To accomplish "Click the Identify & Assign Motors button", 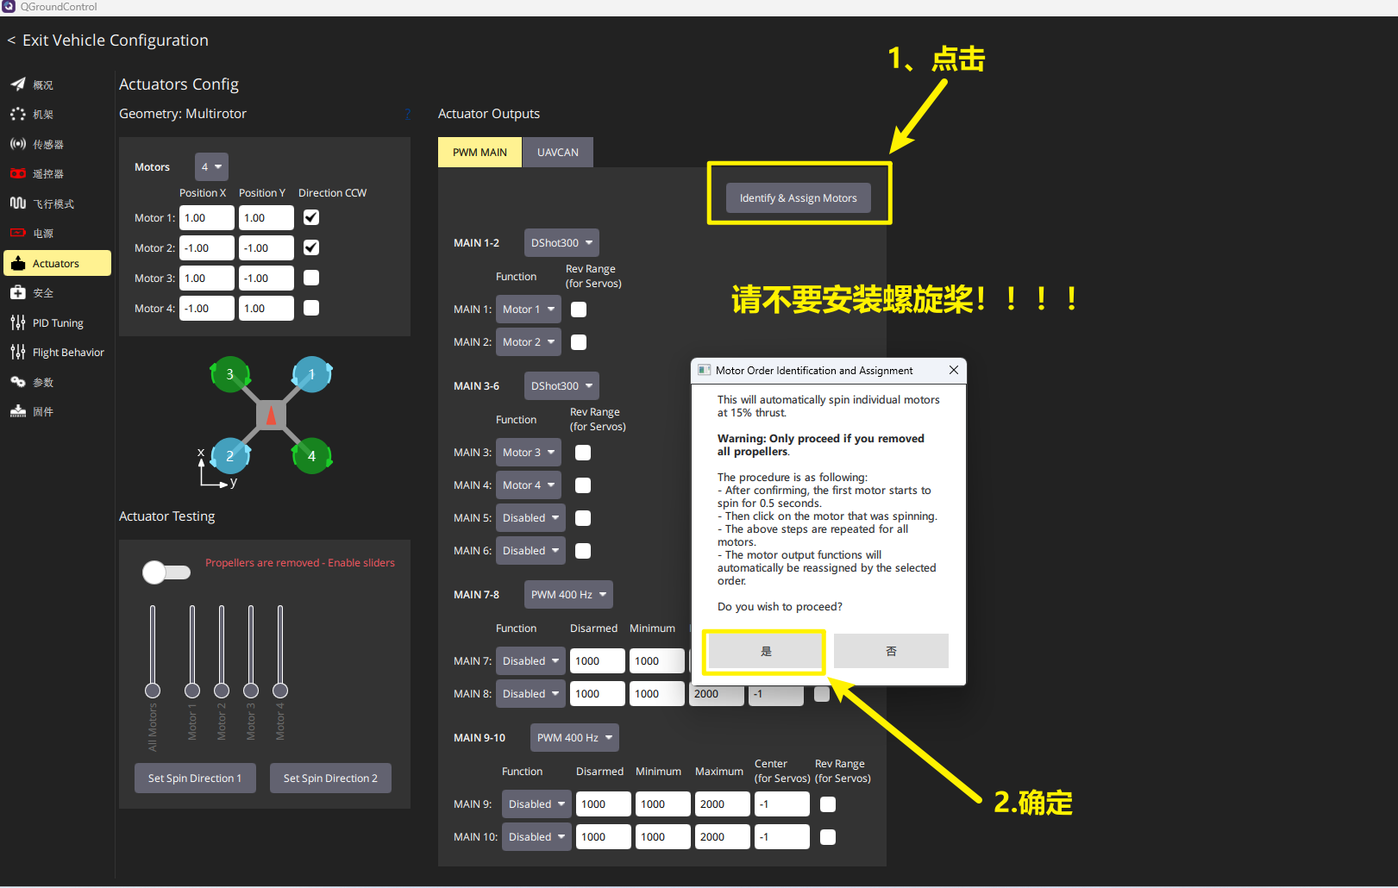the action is [x=798, y=197].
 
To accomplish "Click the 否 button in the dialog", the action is [x=891, y=651].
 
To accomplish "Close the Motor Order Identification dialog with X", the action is [x=954, y=370].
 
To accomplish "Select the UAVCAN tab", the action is [x=558, y=153].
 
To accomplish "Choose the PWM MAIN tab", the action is [x=480, y=153].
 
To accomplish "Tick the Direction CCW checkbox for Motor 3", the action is [x=310, y=278].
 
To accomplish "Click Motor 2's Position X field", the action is [x=207, y=247].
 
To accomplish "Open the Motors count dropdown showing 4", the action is [x=211, y=166].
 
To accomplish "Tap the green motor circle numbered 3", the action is [x=229, y=374].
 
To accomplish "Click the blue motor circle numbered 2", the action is [x=229, y=455].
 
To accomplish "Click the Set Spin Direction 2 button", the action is [x=330, y=779].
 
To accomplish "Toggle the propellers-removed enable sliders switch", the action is [x=166, y=572].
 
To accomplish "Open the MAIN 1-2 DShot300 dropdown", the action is [x=561, y=243].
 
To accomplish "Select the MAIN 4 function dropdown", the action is [x=529, y=485].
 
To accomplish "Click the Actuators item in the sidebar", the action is [x=57, y=263].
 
